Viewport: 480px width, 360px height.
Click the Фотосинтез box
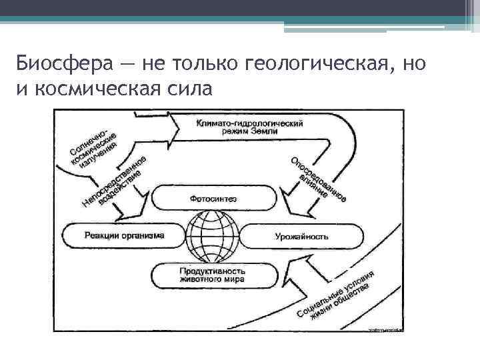213,198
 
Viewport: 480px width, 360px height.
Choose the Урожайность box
301,236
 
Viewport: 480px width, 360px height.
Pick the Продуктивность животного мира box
213,275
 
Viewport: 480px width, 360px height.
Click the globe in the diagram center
212,236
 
